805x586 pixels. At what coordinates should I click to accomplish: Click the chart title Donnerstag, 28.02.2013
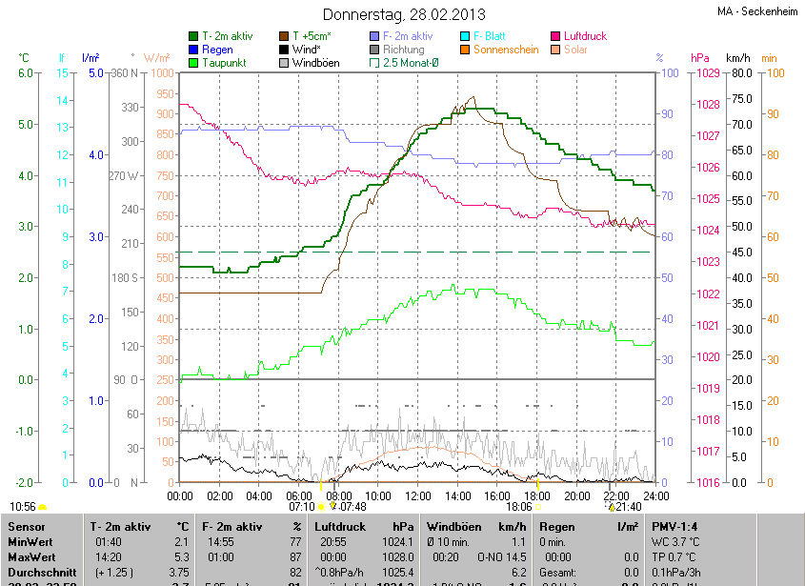pyautogui.click(x=404, y=14)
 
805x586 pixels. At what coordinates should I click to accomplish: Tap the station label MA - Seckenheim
pyautogui.click(x=756, y=11)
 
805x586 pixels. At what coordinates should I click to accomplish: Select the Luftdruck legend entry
pyautogui.click(x=585, y=36)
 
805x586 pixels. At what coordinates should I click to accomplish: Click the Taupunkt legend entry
pyautogui.click(x=224, y=63)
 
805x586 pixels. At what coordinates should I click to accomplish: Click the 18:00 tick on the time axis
pyautogui.click(x=537, y=495)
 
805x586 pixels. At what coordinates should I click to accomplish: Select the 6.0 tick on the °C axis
pyautogui.click(x=26, y=73)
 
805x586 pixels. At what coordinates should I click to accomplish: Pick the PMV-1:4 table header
pyautogui.click(x=675, y=526)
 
